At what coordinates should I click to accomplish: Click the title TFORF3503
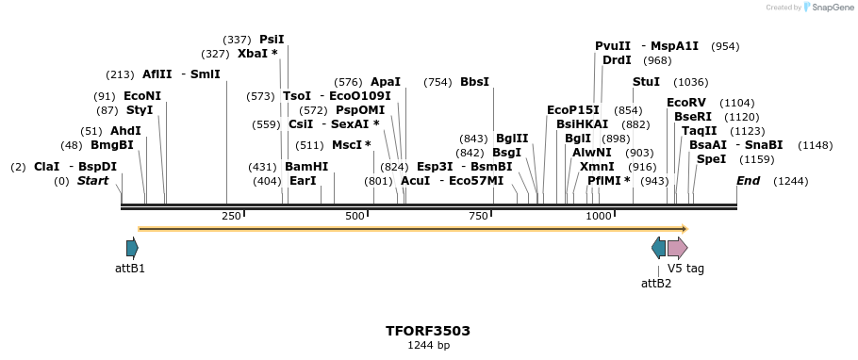pyautogui.click(x=428, y=331)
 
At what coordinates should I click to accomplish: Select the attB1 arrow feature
pyautogui.click(x=132, y=248)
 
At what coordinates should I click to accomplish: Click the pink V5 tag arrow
pyautogui.click(x=677, y=248)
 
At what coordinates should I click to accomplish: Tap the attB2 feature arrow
pyautogui.click(x=658, y=248)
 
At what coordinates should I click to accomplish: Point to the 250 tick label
pyautogui.click(x=231, y=216)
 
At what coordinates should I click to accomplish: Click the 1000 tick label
pyautogui.click(x=600, y=216)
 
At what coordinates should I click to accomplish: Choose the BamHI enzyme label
pyautogui.click(x=306, y=167)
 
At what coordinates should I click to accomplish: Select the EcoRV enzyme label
pyautogui.click(x=685, y=103)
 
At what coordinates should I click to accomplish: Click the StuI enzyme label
pyautogui.click(x=646, y=82)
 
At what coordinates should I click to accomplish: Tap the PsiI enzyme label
pyautogui.click(x=272, y=40)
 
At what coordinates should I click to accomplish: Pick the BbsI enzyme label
pyautogui.click(x=474, y=82)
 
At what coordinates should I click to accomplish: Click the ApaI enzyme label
pyautogui.click(x=386, y=82)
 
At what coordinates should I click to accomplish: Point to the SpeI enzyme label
pyautogui.click(x=711, y=159)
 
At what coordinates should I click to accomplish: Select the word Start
pyautogui.click(x=92, y=181)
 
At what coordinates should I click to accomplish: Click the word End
pyautogui.click(x=748, y=181)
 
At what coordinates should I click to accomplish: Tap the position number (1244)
pyautogui.click(x=790, y=181)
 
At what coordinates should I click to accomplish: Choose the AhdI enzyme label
pyautogui.click(x=125, y=131)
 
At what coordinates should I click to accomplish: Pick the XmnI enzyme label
pyautogui.click(x=597, y=167)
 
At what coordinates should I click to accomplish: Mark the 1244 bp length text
pyautogui.click(x=428, y=346)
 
